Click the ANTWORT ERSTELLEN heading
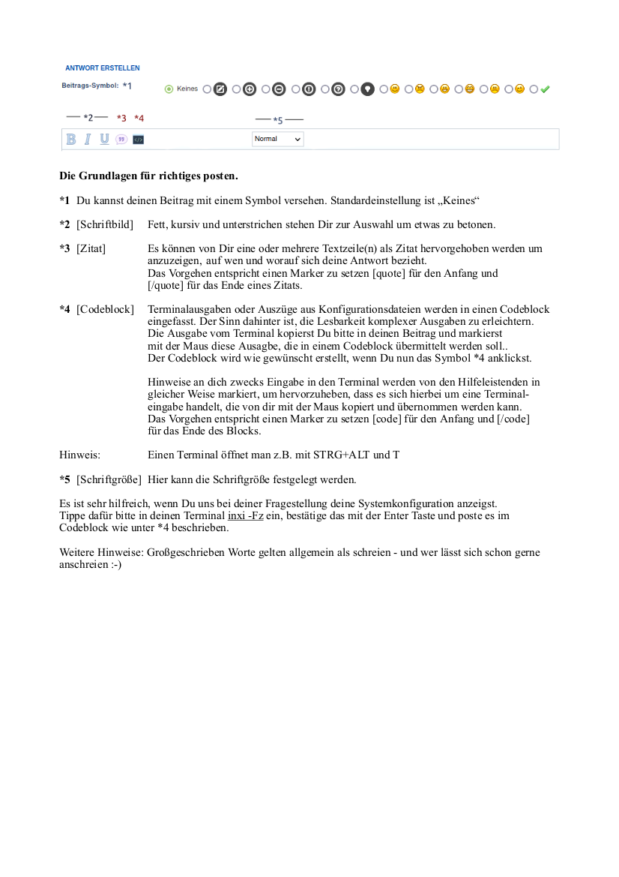pos(102,68)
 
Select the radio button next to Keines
pos(169,89)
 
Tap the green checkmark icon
pos(545,89)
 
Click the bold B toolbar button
pos(71,139)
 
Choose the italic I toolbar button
pos(88,139)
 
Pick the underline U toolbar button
pos(104,139)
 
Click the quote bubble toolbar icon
pos(121,140)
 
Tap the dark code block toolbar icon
pos(138,140)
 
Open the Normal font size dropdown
pos(278,139)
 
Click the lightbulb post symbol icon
pos(367,89)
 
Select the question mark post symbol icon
pos(338,89)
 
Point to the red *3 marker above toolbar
pos(121,119)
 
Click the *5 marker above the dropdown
pos(278,120)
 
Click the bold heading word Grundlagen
pos(111,176)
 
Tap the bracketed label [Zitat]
pos(91,248)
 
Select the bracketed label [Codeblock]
pos(105,309)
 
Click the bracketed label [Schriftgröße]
pos(109,479)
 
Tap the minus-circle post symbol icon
pos(279,89)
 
